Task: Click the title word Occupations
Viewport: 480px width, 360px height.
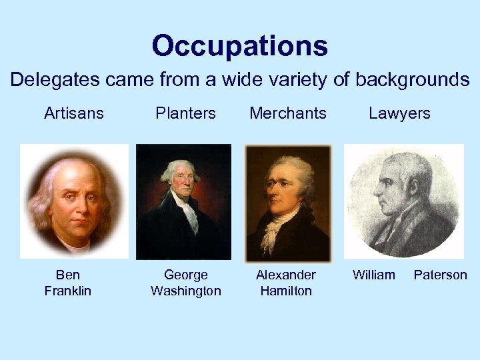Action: pos(240,46)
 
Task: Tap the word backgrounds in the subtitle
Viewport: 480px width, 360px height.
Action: pos(412,80)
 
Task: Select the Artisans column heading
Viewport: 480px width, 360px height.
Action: pos(74,113)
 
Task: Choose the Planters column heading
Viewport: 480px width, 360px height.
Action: pos(185,113)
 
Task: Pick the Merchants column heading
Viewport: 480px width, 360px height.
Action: pos(288,113)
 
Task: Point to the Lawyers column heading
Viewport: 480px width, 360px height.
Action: pos(399,113)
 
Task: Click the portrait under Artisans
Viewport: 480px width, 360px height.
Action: pos(74,201)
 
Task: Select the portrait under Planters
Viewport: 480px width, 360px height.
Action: pos(183,201)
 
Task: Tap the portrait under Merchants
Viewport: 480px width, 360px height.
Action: pos(288,202)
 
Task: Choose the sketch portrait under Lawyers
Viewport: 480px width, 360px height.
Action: pos(403,201)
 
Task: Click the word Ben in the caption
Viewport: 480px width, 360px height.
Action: pos(68,275)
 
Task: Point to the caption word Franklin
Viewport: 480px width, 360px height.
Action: pos(68,291)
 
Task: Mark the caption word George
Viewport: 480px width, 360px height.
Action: pos(186,275)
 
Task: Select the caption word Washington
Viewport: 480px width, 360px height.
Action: pos(186,291)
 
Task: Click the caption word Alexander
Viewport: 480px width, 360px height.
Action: pos(286,275)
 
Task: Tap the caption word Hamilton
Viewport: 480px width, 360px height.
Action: pos(286,291)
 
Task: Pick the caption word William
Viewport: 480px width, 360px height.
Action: pos(373,275)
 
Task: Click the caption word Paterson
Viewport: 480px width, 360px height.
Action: pos(441,275)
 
